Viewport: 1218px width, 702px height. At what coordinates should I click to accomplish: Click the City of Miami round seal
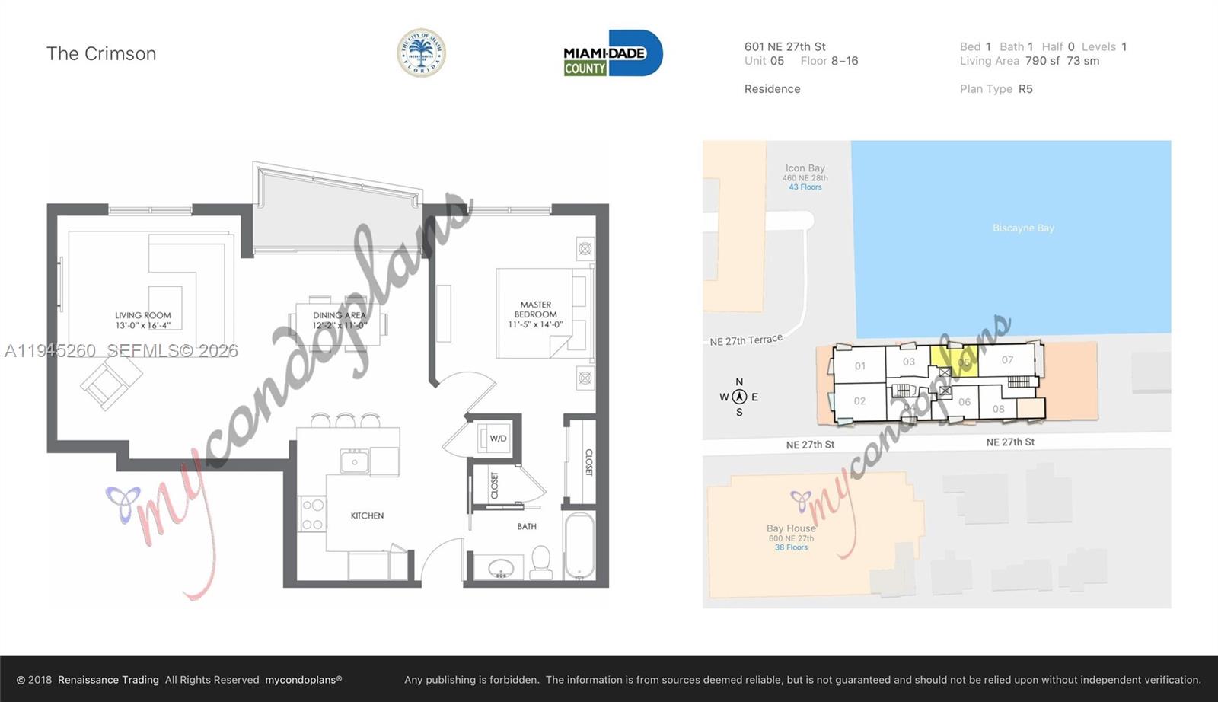421,53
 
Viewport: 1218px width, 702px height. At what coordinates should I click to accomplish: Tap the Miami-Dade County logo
612,53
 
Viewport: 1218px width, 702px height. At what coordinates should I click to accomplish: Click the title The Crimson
101,53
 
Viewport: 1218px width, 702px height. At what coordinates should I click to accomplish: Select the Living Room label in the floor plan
143,320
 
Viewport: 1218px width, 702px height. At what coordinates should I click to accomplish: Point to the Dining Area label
340,320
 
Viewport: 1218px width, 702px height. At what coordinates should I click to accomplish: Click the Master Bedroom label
536,314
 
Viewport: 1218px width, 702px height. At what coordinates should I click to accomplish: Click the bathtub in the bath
579,545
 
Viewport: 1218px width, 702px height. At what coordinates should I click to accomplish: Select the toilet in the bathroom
541,560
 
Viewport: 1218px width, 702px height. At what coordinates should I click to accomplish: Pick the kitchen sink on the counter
354,461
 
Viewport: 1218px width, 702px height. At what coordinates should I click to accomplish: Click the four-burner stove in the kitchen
312,514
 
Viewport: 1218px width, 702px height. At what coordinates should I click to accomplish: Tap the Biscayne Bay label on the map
1023,228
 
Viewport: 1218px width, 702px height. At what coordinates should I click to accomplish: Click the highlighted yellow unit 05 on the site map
955,359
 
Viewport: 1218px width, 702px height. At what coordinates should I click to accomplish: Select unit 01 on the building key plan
859,365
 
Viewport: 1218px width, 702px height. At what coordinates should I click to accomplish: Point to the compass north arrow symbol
739,397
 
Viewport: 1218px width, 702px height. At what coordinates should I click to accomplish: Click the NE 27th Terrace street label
746,340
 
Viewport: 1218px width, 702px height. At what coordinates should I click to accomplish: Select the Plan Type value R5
1025,89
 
